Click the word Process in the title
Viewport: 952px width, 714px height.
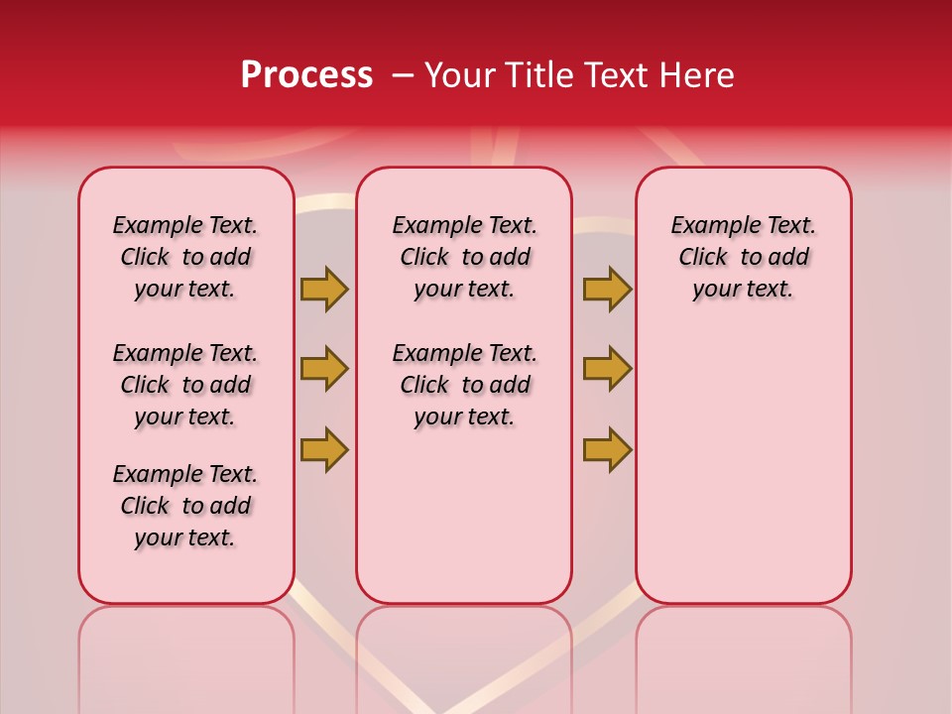tap(306, 75)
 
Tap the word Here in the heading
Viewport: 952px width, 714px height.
tap(698, 75)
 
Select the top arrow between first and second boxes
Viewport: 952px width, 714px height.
tap(324, 289)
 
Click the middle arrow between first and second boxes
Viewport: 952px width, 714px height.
tap(324, 369)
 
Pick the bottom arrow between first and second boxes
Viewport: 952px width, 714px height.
tap(324, 449)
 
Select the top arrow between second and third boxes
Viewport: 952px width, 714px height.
tap(607, 289)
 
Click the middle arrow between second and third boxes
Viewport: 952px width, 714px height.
tap(607, 369)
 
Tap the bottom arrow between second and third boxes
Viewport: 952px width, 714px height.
tap(607, 449)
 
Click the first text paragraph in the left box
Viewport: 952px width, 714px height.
tap(185, 257)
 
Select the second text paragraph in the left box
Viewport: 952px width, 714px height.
tap(185, 385)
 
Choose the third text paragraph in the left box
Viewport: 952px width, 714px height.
tap(185, 506)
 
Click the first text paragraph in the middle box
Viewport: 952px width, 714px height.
tap(464, 257)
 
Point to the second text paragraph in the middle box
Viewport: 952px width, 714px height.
tap(464, 385)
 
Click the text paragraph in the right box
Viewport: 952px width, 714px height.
tap(744, 257)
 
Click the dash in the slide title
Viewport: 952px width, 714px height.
tap(403, 75)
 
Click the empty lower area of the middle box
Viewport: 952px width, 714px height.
tap(464, 516)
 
